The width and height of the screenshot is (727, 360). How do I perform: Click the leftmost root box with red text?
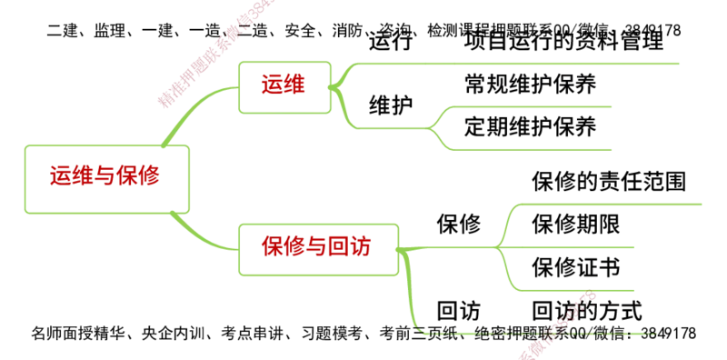(107, 176)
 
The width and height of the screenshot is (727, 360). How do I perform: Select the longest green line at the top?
(518, 65)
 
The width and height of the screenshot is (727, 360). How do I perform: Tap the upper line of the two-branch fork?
(536, 107)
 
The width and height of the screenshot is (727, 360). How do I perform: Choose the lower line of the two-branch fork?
(536, 147)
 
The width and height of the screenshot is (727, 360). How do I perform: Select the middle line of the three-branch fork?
(573, 245)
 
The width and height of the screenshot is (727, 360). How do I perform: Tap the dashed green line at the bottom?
(536, 333)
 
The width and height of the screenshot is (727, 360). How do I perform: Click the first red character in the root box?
(62, 176)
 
